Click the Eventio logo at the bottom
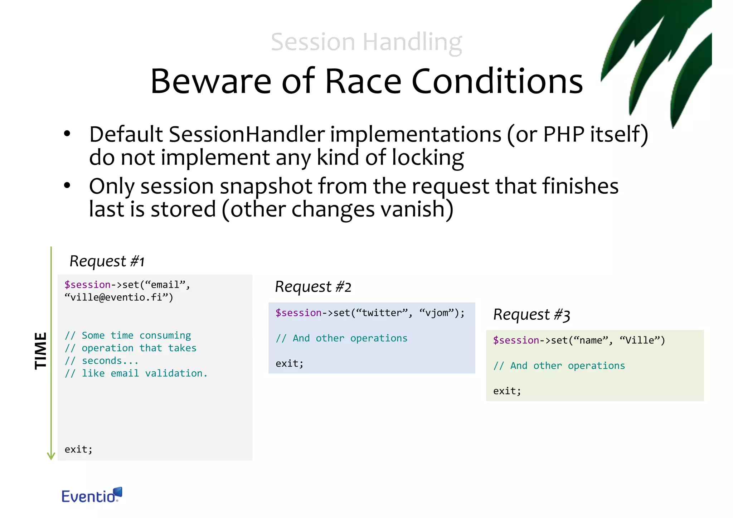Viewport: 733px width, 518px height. tap(92, 495)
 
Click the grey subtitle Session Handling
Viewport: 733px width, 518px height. tap(366, 42)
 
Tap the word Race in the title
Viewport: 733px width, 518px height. tap(363, 82)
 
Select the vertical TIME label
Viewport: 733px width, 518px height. tap(40, 350)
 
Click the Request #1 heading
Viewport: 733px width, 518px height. tap(107, 261)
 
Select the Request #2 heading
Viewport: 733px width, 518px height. tap(313, 287)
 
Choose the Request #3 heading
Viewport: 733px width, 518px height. tap(531, 315)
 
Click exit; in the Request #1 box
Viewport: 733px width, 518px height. tap(78, 449)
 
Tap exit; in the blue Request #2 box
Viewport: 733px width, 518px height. tap(289, 364)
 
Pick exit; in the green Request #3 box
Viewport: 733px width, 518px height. tap(507, 391)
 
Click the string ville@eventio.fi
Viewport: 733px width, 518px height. tap(118, 297)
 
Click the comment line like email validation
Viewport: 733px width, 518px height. tap(136, 373)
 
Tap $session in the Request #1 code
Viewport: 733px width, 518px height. tap(87, 285)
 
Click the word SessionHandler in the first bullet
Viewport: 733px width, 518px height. tap(247, 135)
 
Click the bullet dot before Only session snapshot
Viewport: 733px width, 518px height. tap(67, 186)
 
